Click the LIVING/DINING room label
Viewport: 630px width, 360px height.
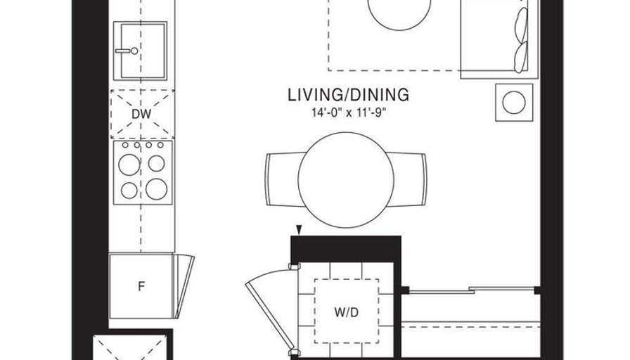(x=348, y=95)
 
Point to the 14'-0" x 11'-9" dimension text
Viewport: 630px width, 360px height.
(x=348, y=112)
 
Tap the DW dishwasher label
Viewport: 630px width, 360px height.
(x=141, y=114)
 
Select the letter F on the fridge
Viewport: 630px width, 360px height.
(x=141, y=286)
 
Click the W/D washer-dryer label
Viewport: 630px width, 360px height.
(x=347, y=312)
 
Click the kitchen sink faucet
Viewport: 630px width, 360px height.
(x=127, y=51)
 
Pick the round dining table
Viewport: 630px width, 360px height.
(x=346, y=180)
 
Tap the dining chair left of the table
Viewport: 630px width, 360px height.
(x=283, y=179)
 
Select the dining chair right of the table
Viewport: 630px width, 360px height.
(x=407, y=179)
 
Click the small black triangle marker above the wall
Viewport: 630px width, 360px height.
(x=298, y=230)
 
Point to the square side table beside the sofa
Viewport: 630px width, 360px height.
(x=514, y=103)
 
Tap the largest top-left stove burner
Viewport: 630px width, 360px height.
(x=129, y=165)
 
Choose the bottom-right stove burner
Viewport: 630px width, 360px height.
(x=157, y=189)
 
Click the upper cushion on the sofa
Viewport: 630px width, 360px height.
(x=521, y=25)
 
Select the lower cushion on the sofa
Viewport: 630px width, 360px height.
(x=521, y=57)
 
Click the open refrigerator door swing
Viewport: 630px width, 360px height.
(x=184, y=285)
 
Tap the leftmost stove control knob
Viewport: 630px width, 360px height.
(x=125, y=145)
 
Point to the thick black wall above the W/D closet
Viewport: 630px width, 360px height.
(x=346, y=249)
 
